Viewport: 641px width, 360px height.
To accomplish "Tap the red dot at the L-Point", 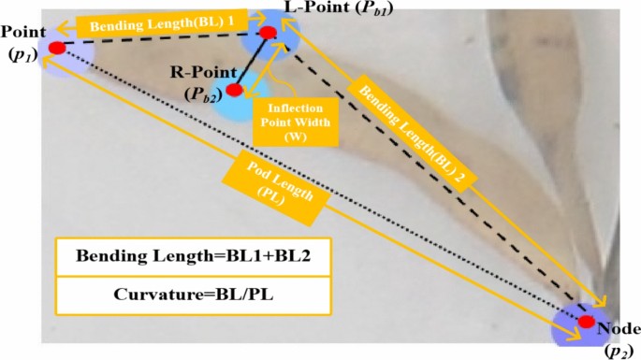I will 268,33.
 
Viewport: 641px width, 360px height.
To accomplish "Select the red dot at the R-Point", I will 234,90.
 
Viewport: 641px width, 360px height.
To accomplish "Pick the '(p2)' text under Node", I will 618,347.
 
